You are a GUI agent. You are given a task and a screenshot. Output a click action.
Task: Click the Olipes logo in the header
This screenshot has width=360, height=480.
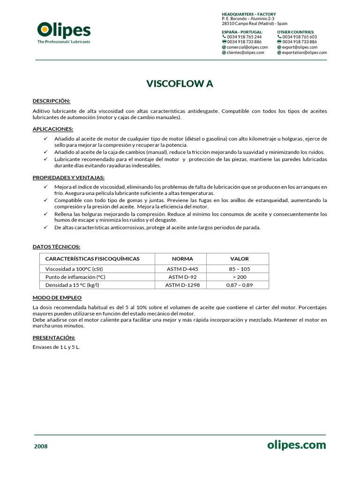coord(64,32)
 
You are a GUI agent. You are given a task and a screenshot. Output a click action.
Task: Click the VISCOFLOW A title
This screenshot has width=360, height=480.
coord(180,84)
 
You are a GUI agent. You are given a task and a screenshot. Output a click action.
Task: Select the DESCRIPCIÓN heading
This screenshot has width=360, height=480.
coord(51,101)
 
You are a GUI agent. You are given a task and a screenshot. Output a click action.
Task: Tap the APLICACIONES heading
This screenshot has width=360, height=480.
coord(52,128)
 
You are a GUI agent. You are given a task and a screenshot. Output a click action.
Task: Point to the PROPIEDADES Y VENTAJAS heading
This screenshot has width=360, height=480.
coord(68,177)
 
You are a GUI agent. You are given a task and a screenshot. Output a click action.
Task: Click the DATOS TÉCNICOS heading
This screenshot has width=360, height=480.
coord(56,246)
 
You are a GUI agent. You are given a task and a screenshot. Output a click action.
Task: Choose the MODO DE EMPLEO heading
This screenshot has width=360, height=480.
coord(57,298)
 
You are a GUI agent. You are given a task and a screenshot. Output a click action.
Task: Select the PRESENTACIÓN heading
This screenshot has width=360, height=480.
coord(53,337)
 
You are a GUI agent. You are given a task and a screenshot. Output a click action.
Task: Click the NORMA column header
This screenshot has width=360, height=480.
coord(182,259)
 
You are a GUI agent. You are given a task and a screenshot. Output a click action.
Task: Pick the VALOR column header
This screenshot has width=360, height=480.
coord(239,259)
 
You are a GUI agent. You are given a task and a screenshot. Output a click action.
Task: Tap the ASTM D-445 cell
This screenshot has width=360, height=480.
coord(182,269)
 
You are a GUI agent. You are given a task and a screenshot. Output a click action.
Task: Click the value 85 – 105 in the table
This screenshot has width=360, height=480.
coord(239,269)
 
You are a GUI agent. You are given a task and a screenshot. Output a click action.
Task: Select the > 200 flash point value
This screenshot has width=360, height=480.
coord(239,277)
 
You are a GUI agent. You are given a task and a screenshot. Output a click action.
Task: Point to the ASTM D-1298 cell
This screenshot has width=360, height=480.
coord(182,285)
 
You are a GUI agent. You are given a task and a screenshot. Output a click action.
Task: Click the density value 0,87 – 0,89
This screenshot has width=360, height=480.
coord(239,285)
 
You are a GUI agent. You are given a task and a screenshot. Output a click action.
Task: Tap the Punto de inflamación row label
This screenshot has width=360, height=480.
coord(75,277)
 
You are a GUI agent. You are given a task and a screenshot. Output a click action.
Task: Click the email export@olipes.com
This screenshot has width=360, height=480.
coord(300,47)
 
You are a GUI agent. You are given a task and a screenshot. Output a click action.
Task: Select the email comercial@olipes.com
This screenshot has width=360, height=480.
coord(247,47)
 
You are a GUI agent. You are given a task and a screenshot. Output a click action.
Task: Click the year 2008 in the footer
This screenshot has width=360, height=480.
coord(41,446)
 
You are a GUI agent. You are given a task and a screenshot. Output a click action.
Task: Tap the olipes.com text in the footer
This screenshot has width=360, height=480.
coord(296,445)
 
